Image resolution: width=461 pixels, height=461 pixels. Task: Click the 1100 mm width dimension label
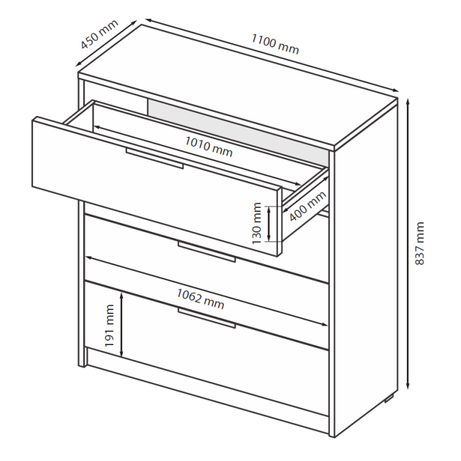click(275, 44)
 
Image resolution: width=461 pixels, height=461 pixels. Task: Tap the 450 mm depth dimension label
click(99, 34)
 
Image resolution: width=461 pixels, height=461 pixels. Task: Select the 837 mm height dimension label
click(420, 244)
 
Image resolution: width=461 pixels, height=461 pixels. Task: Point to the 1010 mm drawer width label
click(209, 146)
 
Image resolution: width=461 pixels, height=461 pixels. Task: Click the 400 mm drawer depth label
click(307, 206)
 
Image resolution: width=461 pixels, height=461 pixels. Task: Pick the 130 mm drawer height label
click(257, 223)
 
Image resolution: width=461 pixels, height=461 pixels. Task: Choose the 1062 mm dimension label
click(200, 298)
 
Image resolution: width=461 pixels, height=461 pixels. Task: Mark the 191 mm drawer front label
click(109, 325)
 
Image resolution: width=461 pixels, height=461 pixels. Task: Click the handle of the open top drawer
click(154, 158)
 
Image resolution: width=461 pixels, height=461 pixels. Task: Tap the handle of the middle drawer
click(206, 252)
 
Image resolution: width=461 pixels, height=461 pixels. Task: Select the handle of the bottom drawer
click(206, 318)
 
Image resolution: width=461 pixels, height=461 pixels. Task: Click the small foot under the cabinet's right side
click(389, 399)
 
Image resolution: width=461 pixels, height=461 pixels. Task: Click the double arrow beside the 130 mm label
click(269, 224)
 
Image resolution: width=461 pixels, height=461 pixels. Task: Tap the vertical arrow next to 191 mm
click(121, 324)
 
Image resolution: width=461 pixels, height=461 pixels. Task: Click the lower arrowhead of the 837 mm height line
click(407, 386)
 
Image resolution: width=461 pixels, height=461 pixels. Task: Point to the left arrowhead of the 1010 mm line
click(97, 128)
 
